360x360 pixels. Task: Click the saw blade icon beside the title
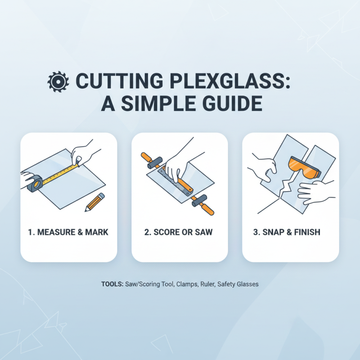coord(58,81)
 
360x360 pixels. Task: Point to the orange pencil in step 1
coord(95,202)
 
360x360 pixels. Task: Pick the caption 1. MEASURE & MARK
coord(68,233)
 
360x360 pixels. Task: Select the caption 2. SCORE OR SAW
coord(179,233)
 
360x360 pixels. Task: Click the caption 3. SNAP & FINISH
coord(290,233)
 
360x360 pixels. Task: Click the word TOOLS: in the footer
coord(111,285)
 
